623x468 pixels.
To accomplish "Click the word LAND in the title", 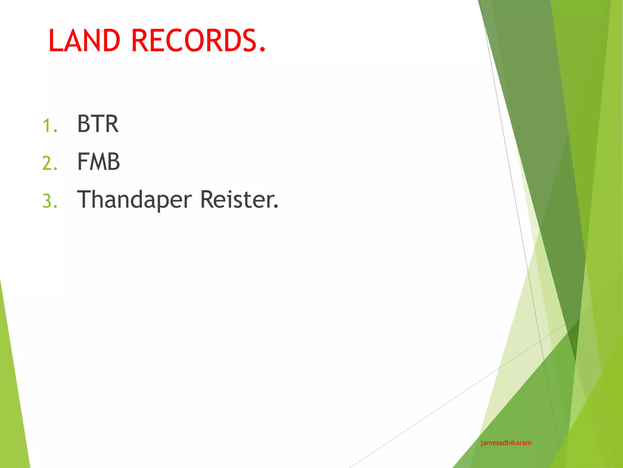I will [x=84, y=41].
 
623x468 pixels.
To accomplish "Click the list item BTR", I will [x=98, y=124].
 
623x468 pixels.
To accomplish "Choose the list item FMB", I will [x=99, y=162].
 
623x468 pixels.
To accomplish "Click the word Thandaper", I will [x=134, y=200].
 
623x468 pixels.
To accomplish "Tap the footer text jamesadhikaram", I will [x=506, y=443].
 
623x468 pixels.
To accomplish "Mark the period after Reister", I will [x=276, y=207].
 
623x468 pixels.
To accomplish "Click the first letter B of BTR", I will [x=84, y=124].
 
